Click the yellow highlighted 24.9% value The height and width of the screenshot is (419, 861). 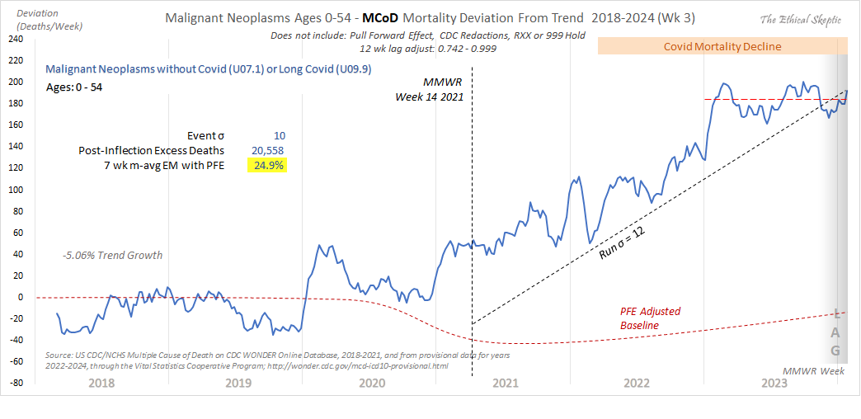tap(267, 166)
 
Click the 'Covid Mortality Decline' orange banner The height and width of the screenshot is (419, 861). tap(722, 46)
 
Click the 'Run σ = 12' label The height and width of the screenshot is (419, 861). tap(622, 244)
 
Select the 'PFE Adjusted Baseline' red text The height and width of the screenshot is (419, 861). tap(652, 318)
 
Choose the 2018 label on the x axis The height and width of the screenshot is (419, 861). tap(101, 383)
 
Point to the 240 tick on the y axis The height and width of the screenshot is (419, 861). tap(15, 40)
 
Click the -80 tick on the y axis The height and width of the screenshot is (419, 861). tap(15, 383)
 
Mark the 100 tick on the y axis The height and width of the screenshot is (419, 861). tap(15, 190)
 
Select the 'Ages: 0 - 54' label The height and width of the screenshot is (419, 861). tap(74, 87)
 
